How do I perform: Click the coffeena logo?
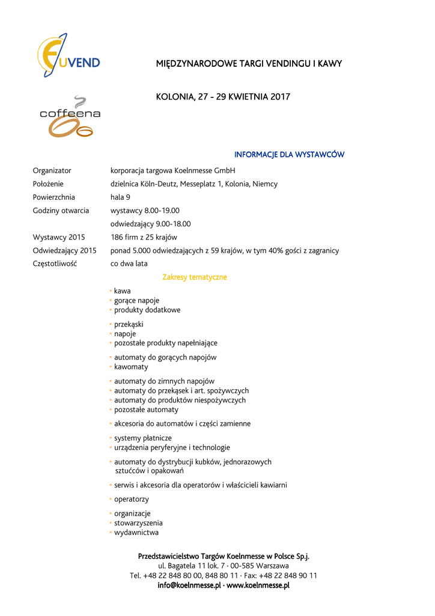pyautogui.click(x=70, y=117)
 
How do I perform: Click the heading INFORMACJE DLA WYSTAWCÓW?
pyautogui.click(x=289, y=155)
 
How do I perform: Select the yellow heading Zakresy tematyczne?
pyautogui.click(x=195, y=277)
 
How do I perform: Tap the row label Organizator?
pyautogui.click(x=52, y=171)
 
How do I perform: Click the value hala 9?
pyautogui.click(x=120, y=197)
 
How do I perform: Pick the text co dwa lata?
pyautogui.click(x=129, y=263)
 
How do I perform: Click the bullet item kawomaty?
pyautogui.click(x=131, y=367)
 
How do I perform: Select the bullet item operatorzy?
pyautogui.click(x=132, y=499)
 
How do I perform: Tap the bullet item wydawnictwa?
pyautogui.click(x=136, y=532)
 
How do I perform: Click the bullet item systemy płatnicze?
pyautogui.click(x=143, y=438)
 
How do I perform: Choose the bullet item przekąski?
pyautogui.click(x=129, y=324)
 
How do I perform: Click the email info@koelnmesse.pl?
pyautogui.click(x=189, y=585)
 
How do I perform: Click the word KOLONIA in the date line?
pyautogui.click(x=175, y=97)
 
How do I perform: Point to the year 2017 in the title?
pyautogui.click(x=280, y=97)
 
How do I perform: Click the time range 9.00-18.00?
pyautogui.click(x=173, y=224)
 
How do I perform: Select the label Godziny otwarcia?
pyautogui.click(x=61, y=211)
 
